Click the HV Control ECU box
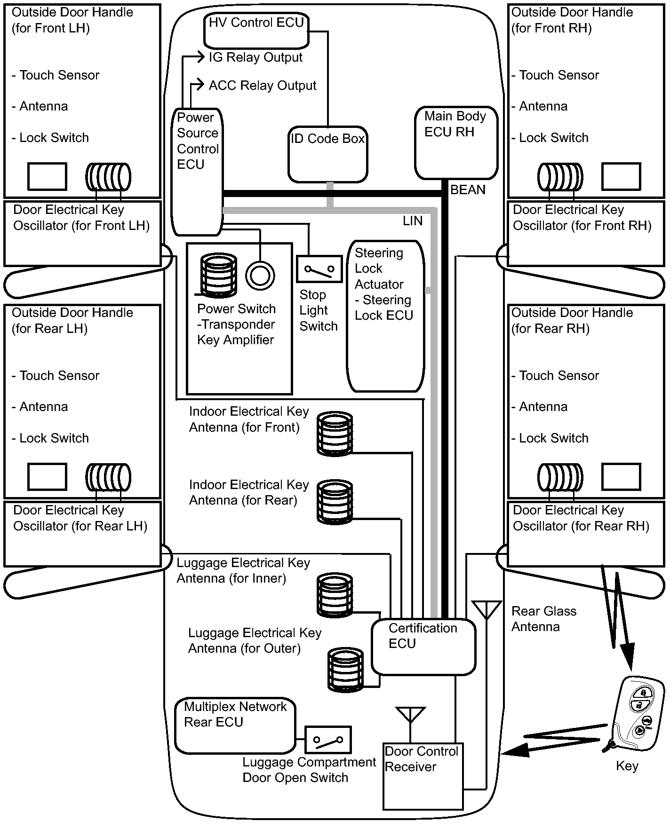tap(256, 31)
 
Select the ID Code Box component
tap(328, 154)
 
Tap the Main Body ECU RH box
tap(456, 143)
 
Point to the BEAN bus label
tap(468, 190)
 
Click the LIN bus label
tap(413, 221)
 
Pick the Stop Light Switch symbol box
tap(319, 269)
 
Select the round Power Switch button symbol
tap(260, 276)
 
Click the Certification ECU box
tap(423, 647)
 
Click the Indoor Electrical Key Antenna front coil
tap(335, 434)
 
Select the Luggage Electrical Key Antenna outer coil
tap(346, 669)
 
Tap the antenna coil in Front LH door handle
tap(108, 177)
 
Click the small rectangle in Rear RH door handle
tap(621, 477)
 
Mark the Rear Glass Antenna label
tap(544, 619)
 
